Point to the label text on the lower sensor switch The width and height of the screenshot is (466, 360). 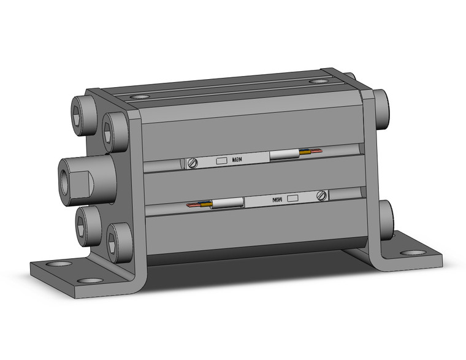[x=277, y=199]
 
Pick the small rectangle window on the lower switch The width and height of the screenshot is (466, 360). [x=292, y=198]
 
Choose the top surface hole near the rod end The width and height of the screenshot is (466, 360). [x=139, y=96]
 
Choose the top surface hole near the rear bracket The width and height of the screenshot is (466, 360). [x=318, y=81]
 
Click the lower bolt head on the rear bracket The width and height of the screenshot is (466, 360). [x=386, y=215]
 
